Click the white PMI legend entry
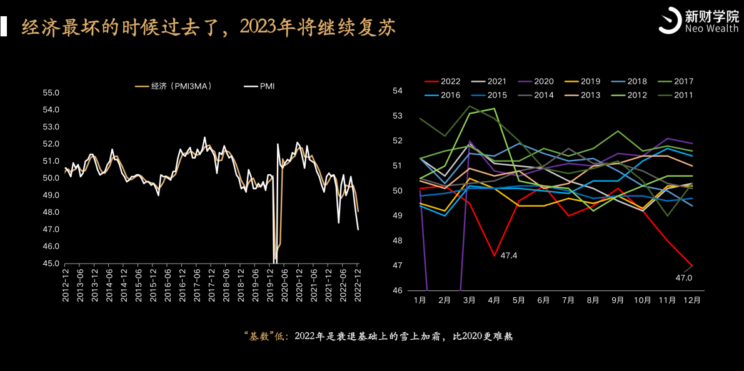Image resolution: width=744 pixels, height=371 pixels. [x=267, y=86]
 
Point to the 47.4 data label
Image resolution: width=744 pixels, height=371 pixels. [x=509, y=255]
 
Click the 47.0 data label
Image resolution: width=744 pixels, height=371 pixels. [x=683, y=277]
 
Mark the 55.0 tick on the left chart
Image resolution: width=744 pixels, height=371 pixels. [x=51, y=93]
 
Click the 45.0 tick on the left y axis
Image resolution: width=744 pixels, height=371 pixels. [x=51, y=264]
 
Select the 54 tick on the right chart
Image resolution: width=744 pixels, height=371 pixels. [x=398, y=91]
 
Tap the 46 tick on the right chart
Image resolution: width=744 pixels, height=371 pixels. [x=398, y=290]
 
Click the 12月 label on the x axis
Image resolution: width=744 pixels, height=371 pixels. [x=691, y=300]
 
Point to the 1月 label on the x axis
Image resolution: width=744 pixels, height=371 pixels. [x=420, y=300]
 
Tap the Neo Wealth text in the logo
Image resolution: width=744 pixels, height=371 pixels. [x=711, y=29]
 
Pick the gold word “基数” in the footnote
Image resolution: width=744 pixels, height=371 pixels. [x=262, y=336]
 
